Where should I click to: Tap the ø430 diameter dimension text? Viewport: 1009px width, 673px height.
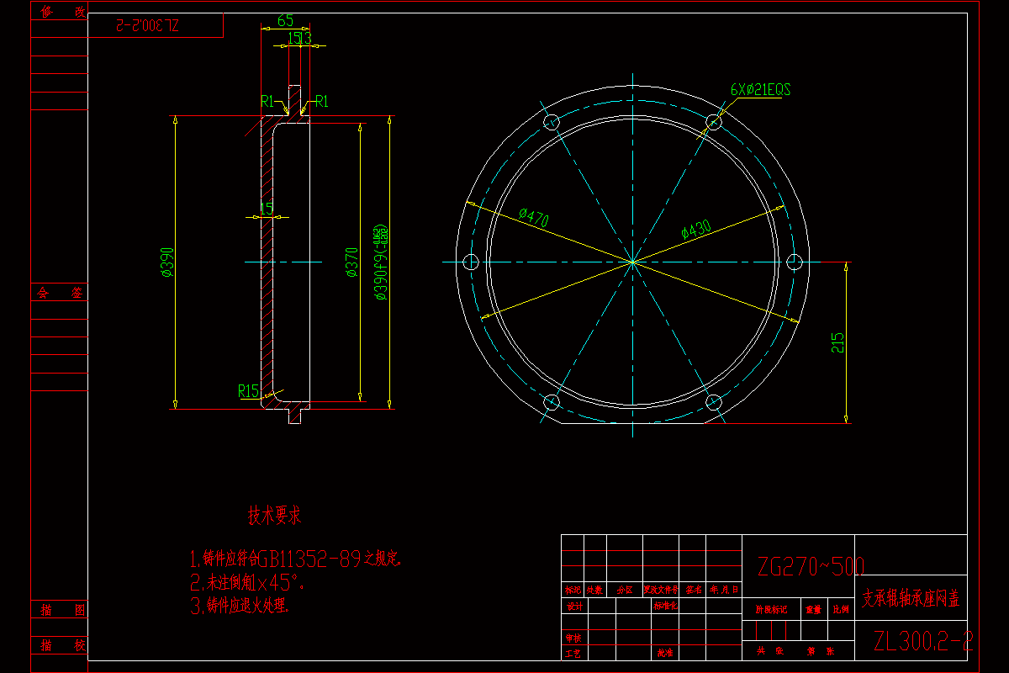pyautogui.click(x=696, y=228)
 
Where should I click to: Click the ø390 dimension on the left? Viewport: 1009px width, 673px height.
pyautogui.click(x=167, y=262)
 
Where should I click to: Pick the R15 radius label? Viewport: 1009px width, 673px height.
pyautogui.click(x=248, y=390)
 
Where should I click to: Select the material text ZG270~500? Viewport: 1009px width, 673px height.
pyautogui.click(x=811, y=565)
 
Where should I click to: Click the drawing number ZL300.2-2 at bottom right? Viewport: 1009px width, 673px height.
pyautogui.click(x=922, y=642)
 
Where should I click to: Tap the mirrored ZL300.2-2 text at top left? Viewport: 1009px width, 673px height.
pyautogui.click(x=145, y=25)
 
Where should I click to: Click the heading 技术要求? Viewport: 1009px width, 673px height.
pyautogui.click(x=275, y=516)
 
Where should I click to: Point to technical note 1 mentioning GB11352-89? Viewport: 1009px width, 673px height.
pyautogui.click(x=296, y=558)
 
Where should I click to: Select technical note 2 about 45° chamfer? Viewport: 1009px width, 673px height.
pyautogui.click(x=248, y=582)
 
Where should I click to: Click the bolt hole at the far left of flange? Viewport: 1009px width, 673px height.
pyautogui.click(x=470, y=262)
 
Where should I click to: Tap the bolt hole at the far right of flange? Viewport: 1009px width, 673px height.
pyautogui.click(x=795, y=262)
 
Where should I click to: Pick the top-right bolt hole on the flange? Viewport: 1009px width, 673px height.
pyautogui.click(x=713, y=122)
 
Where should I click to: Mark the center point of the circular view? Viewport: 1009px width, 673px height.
pyautogui.click(x=632, y=262)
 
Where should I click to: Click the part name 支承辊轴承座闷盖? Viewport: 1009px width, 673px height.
pyautogui.click(x=911, y=599)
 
